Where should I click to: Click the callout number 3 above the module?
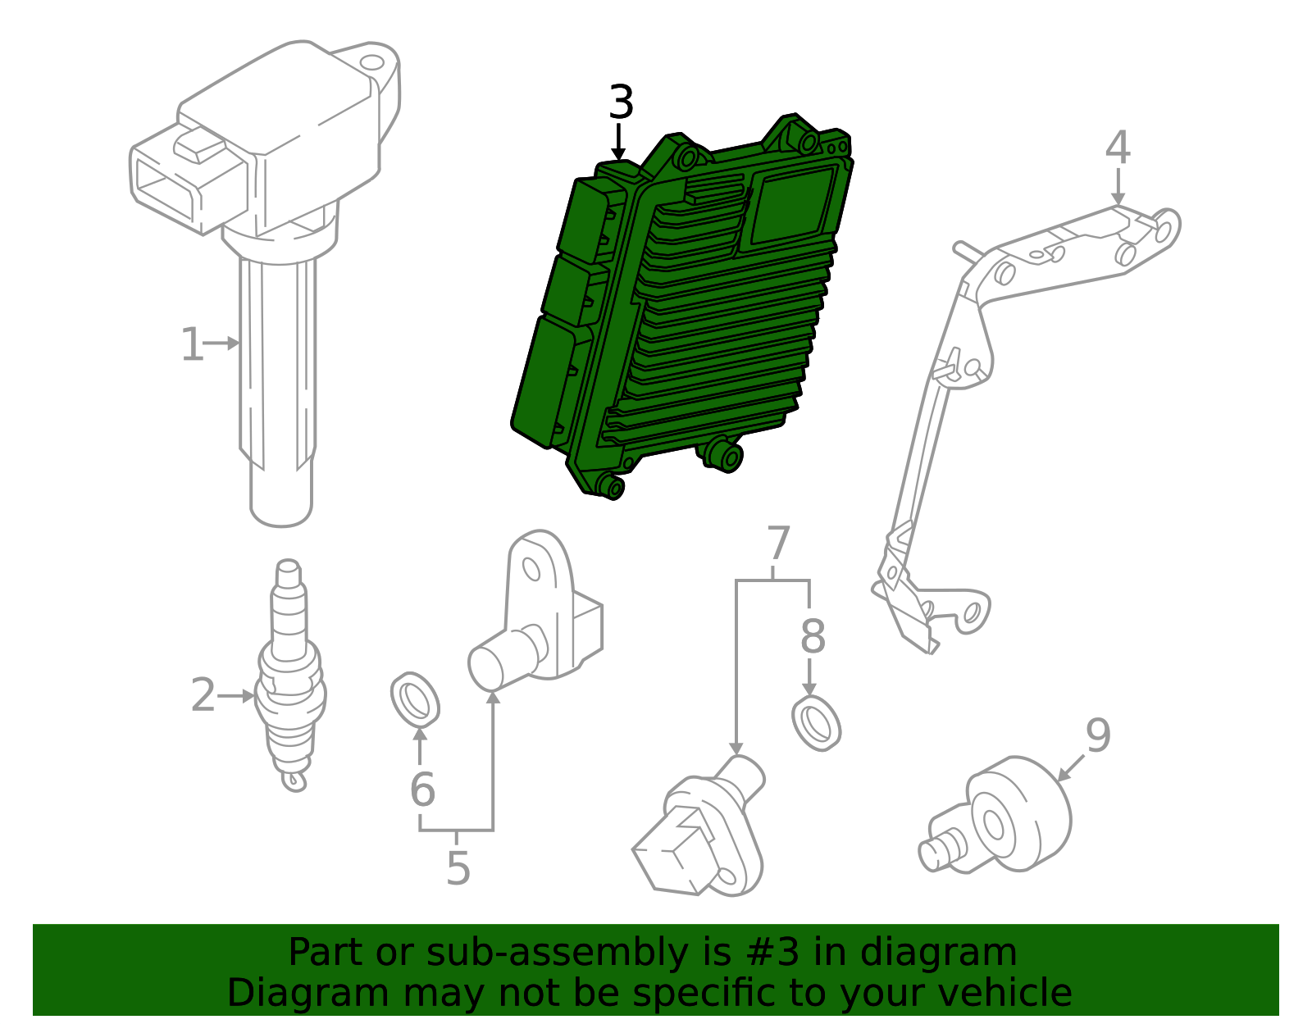pos(622,104)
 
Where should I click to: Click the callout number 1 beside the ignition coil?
pos(192,344)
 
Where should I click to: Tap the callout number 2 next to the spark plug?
pos(203,695)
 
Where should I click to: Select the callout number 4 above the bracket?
pos(1118,148)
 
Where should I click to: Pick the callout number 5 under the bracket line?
pos(458,868)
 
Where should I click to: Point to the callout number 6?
pos(422,790)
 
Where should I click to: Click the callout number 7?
pos(777,544)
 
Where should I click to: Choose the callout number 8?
pos(812,637)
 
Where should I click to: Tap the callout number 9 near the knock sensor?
pos(1098,735)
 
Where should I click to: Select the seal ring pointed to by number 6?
pos(415,700)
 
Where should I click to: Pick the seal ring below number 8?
pos(817,723)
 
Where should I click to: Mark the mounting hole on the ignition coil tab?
pos(374,62)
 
